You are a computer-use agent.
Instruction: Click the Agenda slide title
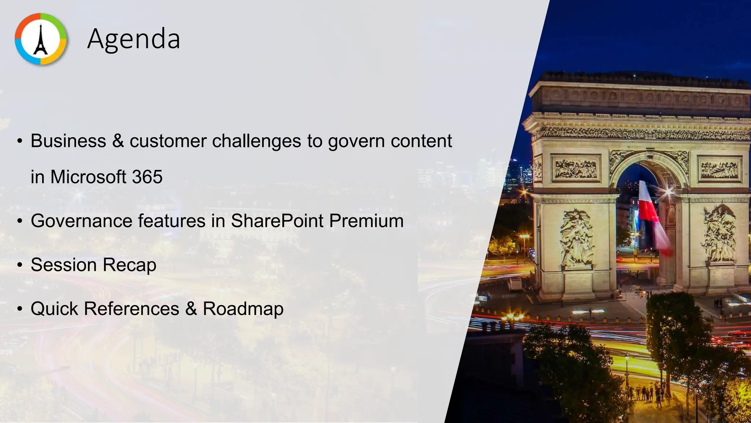[x=133, y=39]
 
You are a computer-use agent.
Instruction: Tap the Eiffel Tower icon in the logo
[x=41, y=39]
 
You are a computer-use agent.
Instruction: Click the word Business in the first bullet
[x=68, y=141]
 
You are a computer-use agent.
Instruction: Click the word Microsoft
[x=88, y=177]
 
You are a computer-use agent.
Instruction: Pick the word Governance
[x=81, y=221]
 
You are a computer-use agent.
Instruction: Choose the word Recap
[x=129, y=265]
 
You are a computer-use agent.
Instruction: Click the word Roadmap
[x=243, y=309]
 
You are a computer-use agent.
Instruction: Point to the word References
[x=132, y=309]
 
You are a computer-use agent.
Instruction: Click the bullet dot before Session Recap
[x=20, y=265]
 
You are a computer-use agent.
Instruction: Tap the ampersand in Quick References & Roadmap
[x=191, y=309]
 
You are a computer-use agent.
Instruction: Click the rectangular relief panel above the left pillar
[x=576, y=169]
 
